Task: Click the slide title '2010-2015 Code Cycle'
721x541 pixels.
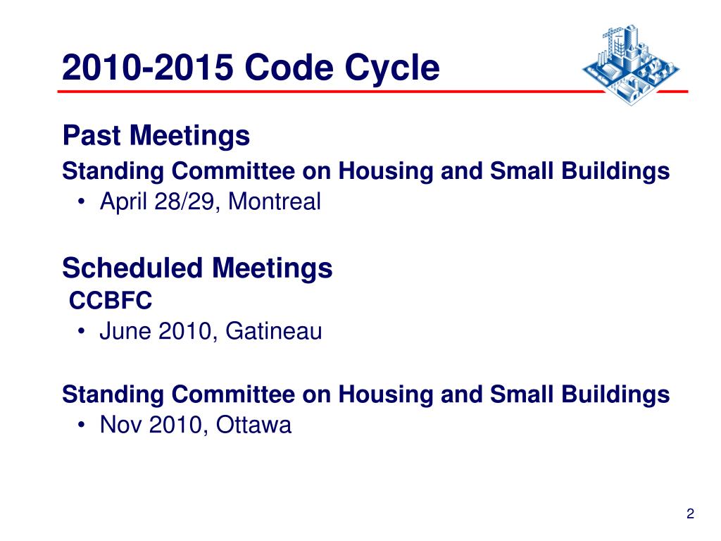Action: (250, 69)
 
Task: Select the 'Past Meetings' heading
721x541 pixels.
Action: (156, 135)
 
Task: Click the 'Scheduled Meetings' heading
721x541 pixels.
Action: (197, 268)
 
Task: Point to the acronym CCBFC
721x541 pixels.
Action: (111, 301)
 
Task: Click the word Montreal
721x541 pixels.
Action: (275, 202)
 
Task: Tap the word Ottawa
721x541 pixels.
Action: (253, 425)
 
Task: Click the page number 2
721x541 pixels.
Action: (690, 515)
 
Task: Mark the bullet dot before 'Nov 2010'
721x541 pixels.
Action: (83, 426)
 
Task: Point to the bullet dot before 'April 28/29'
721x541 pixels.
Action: (83, 203)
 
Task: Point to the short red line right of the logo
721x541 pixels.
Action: (676, 92)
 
